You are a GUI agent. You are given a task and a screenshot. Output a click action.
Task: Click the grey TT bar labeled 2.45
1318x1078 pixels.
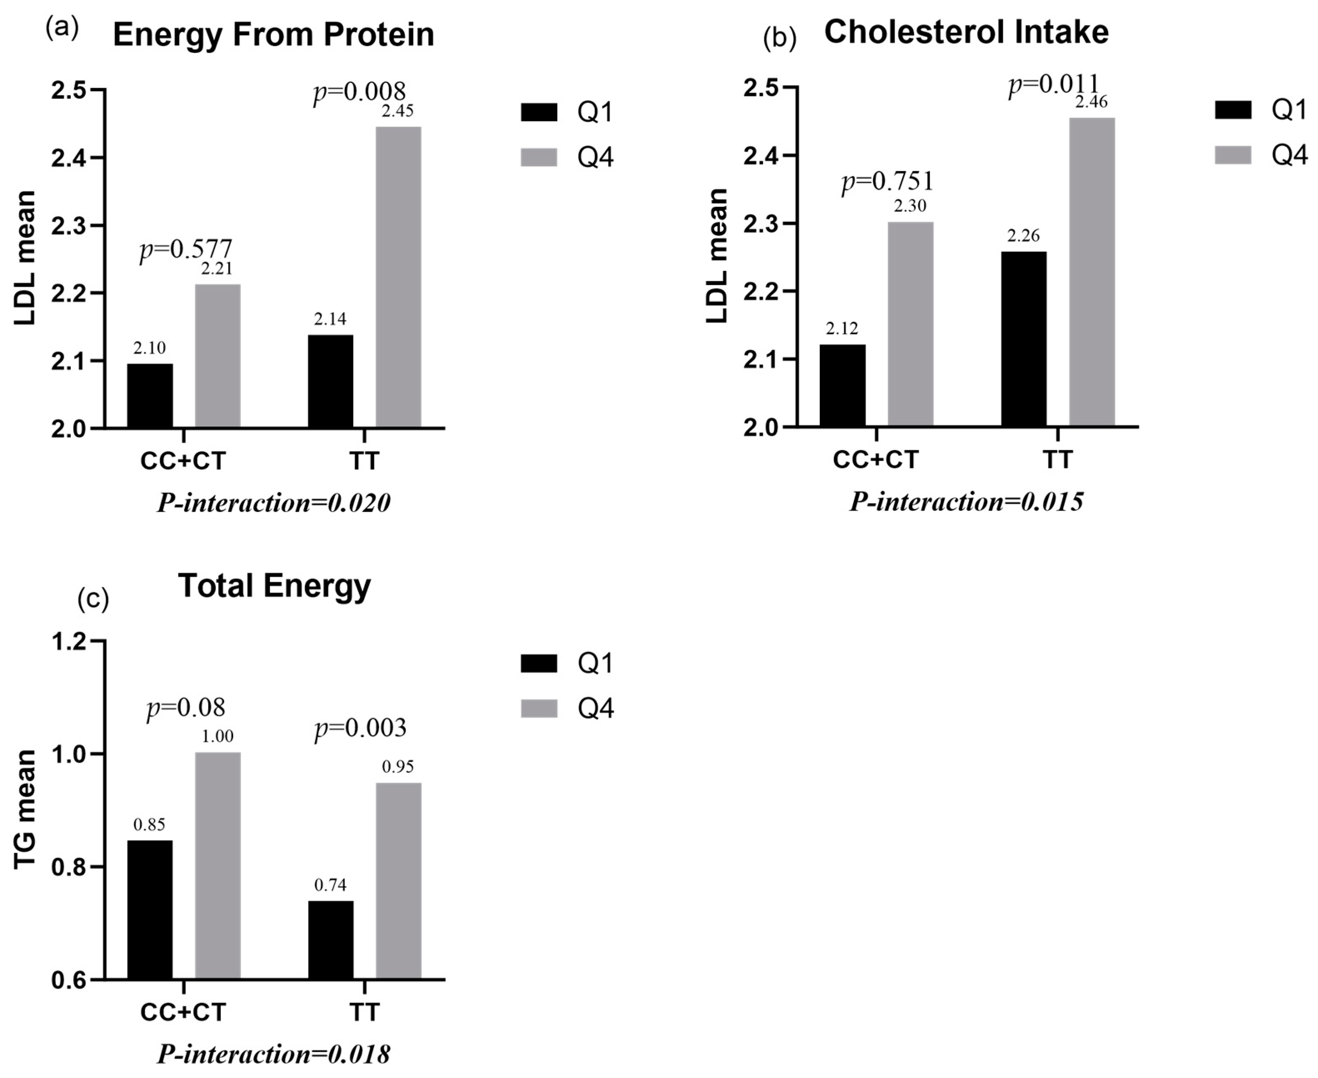point(398,277)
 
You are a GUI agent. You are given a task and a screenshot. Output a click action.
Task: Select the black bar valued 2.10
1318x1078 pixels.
point(150,395)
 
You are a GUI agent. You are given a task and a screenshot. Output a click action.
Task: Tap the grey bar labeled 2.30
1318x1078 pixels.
point(910,324)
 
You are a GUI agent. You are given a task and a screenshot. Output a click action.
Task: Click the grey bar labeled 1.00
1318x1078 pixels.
point(217,866)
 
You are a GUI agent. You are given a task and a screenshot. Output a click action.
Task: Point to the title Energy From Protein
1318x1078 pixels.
point(273,35)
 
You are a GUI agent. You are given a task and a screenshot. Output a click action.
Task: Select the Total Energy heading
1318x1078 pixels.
point(274,585)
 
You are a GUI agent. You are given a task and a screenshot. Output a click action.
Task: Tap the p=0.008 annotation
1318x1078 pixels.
point(359,92)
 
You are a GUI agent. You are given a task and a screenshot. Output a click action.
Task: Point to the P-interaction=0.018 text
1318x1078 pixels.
point(273,1054)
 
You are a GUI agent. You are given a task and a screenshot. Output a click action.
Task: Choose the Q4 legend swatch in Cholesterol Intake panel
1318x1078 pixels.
point(1232,154)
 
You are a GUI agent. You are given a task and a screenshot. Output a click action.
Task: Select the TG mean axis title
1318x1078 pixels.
point(25,809)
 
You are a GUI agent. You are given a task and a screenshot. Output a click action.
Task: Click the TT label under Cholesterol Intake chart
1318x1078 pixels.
point(1057,460)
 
